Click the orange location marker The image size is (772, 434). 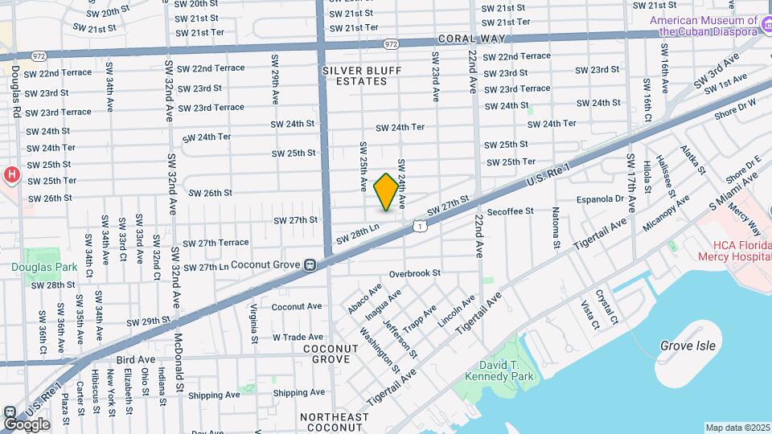386,192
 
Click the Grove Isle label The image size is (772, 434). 687,346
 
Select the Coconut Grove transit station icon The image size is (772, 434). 309,264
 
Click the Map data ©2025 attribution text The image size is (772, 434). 737,428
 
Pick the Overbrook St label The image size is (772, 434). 415,273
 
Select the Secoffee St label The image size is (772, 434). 510,211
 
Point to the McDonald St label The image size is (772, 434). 180,362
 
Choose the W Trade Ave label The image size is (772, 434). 298,337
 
